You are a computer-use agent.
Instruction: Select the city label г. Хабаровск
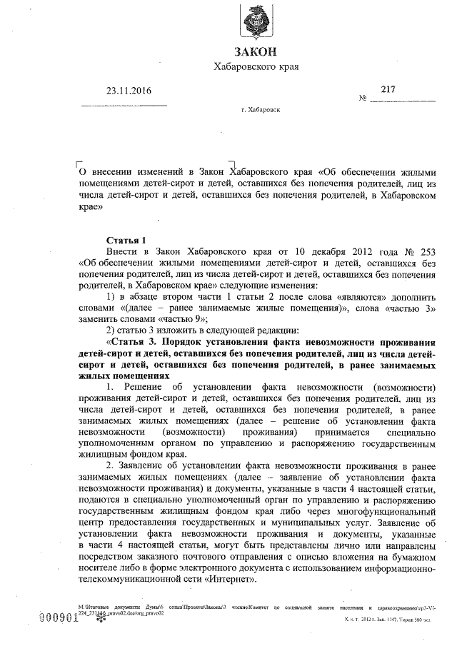coord(261,111)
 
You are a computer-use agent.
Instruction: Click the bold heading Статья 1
coord(125,240)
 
